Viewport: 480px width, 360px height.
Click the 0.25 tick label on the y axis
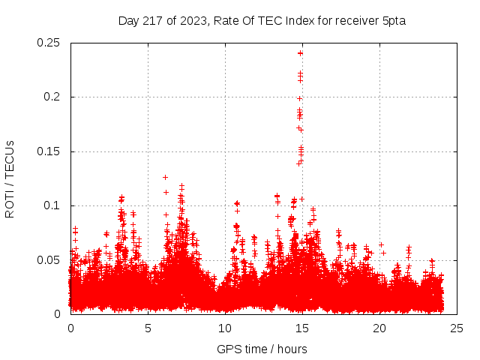coord(49,43)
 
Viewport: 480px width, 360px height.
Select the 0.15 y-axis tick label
coord(49,151)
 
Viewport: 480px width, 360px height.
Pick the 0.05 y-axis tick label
coord(49,260)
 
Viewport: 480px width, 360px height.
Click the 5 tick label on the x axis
coord(148,328)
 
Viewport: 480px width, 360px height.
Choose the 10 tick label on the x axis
coord(225,328)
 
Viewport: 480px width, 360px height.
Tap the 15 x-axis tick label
coord(302,328)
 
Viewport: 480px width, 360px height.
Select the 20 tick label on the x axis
coord(379,328)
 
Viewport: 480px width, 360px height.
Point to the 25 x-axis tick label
coord(457,328)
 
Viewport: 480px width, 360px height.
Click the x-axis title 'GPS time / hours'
coord(262,349)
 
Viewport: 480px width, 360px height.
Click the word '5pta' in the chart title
coord(393,20)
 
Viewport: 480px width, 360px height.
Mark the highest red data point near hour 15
coord(301,52)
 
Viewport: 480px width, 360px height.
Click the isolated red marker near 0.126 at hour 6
coord(166,177)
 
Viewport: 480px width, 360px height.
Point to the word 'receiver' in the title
coord(355,20)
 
